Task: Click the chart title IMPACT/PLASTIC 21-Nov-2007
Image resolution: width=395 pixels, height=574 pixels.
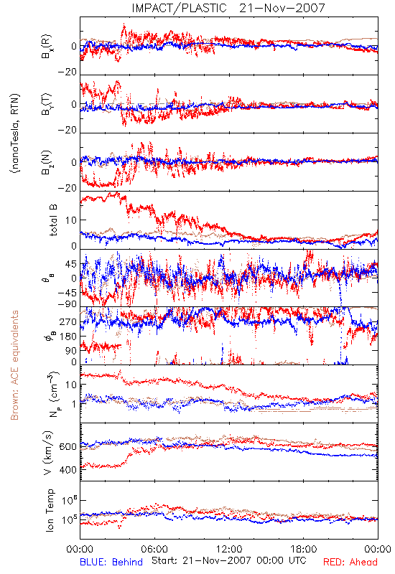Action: pos(228,8)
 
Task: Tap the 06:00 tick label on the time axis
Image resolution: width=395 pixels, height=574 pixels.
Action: pos(154,549)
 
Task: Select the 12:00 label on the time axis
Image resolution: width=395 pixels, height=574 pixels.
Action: pos(229,549)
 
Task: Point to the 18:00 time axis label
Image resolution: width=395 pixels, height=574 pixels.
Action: pos(304,549)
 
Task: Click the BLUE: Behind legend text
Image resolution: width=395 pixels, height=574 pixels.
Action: pos(111,562)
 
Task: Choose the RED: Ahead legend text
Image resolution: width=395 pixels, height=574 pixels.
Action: pos(350,562)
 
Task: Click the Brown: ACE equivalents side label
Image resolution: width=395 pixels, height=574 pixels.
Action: pos(14,365)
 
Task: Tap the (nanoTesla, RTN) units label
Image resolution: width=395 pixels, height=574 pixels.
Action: pos(15,133)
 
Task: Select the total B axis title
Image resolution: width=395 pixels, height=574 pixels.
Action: pos(53,220)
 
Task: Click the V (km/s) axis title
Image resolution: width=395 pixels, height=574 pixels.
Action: pos(48,453)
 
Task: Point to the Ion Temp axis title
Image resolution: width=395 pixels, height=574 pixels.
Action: pos(50,510)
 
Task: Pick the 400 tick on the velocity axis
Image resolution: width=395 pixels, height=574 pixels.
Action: pos(68,470)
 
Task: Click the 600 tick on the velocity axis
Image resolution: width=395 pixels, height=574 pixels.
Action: pos(68,446)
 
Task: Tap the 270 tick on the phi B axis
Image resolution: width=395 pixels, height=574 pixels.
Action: pos(68,321)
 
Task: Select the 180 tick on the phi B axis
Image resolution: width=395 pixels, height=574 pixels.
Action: pos(68,336)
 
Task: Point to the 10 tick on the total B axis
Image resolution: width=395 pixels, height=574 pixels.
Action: pos(71,220)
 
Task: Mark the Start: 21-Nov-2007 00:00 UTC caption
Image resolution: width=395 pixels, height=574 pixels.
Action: pos(229,560)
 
